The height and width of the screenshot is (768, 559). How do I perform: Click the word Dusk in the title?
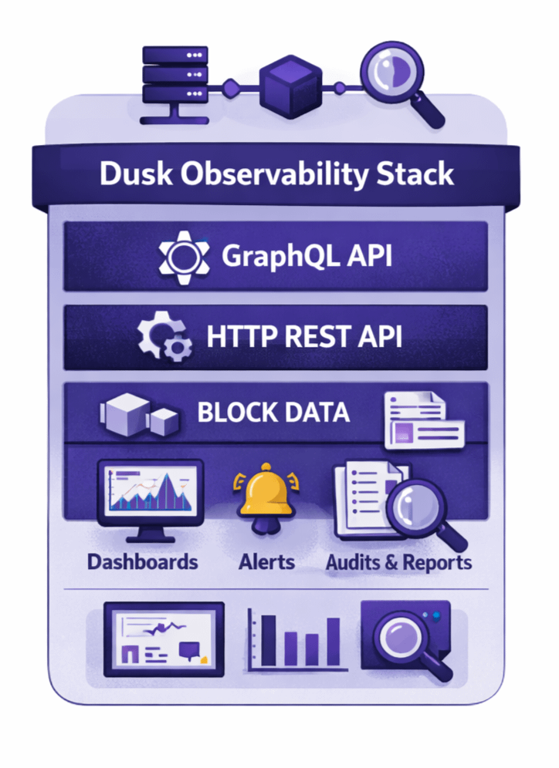coord(134,174)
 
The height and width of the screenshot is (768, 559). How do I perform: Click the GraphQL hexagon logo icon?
coord(183,257)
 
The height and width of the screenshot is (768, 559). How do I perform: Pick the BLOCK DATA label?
coord(273,413)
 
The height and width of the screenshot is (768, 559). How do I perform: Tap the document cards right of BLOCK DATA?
coord(424,420)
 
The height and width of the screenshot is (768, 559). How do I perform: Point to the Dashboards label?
coord(142,561)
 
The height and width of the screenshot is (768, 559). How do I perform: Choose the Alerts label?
coord(266,561)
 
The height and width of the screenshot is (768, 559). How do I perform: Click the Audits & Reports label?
coord(398,562)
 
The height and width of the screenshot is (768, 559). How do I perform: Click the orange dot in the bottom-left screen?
coord(204,660)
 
